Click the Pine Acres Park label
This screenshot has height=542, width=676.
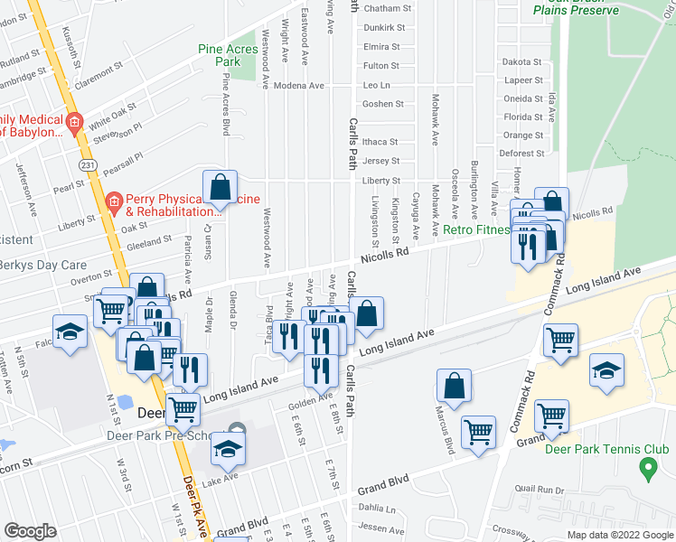(x=221, y=55)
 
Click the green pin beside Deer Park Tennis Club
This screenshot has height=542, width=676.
(x=647, y=469)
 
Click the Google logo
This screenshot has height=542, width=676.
(x=30, y=530)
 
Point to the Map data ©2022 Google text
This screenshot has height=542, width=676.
(x=619, y=535)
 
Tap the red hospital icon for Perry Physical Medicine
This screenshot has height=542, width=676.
(x=113, y=201)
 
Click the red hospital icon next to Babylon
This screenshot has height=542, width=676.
(x=74, y=122)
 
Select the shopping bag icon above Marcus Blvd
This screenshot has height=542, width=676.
(x=454, y=384)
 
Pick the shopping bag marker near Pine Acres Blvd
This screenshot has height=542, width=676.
(x=220, y=187)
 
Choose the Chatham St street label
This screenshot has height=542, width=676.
(x=387, y=8)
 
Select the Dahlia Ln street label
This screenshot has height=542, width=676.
(x=377, y=509)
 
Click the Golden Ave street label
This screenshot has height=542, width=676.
(x=310, y=400)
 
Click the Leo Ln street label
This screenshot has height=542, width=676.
(x=375, y=85)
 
